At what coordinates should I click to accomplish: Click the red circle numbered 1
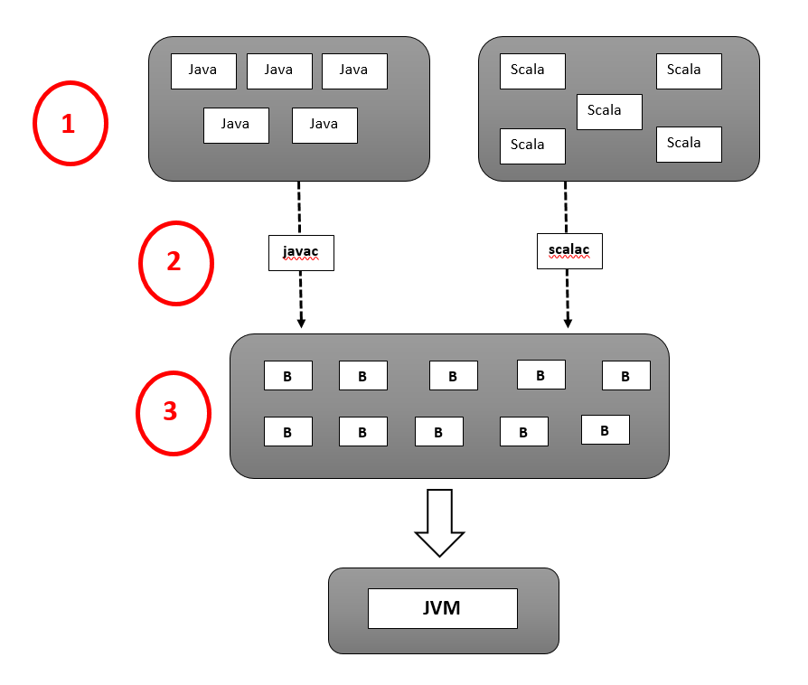(x=70, y=123)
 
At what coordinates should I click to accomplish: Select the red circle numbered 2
(x=175, y=262)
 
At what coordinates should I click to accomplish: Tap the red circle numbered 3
(x=173, y=412)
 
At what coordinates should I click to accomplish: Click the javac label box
(x=301, y=252)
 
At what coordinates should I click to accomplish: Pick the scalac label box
(x=569, y=250)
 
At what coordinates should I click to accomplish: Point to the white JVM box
(x=442, y=608)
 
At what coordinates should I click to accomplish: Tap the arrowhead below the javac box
(x=301, y=322)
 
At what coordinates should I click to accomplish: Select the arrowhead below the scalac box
(x=568, y=322)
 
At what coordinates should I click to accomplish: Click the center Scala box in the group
(x=609, y=111)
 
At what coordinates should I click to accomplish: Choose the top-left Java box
(x=203, y=70)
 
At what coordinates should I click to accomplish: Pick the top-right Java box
(x=354, y=70)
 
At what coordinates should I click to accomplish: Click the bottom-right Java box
(x=324, y=125)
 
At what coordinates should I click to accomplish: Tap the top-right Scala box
(x=689, y=70)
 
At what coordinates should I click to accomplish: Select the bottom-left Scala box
(x=532, y=145)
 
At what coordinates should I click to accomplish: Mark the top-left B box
(x=287, y=376)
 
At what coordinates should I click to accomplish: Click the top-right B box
(x=625, y=376)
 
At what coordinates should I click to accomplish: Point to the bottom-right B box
(x=605, y=429)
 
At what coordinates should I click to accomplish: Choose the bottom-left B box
(x=287, y=431)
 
